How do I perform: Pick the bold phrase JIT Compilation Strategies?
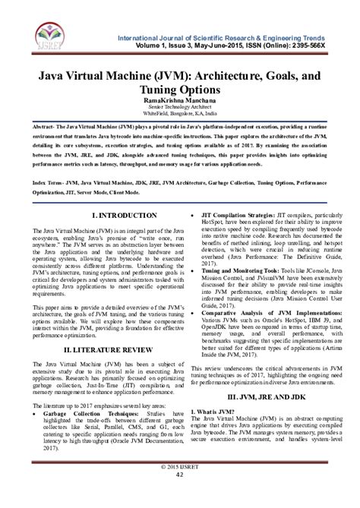coord(237,216)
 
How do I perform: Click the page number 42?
coord(179,496)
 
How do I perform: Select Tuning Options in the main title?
coord(179,88)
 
